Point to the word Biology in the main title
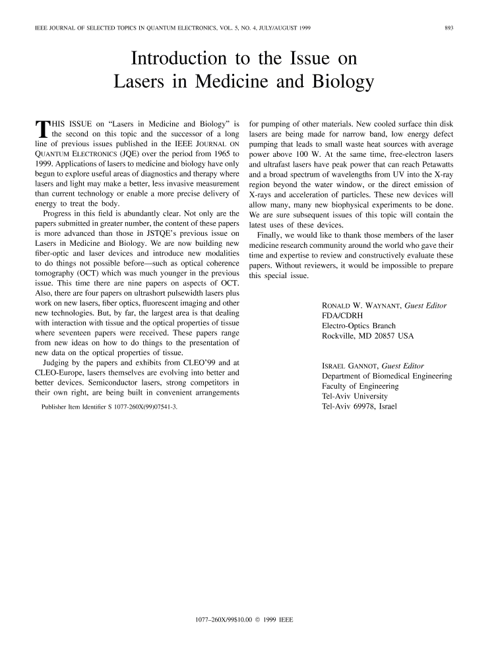[x=336, y=82]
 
